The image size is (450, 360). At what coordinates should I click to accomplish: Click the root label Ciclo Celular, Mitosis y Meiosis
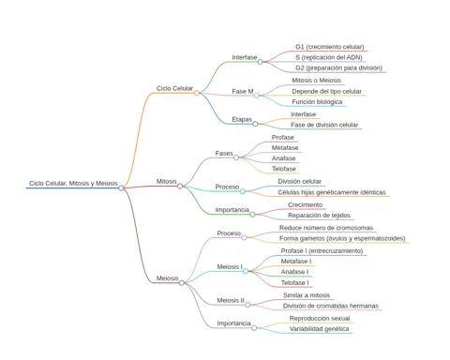tap(73, 183)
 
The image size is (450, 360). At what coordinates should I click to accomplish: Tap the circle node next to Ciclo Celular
tap(196, 93)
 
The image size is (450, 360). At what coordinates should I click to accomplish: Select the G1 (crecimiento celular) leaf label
tap(330, 47)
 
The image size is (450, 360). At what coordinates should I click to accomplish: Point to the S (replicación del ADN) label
tap(329, 57)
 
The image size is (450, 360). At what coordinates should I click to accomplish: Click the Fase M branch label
tap(243, 91)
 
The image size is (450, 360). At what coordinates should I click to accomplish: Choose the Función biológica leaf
tap(317, 102)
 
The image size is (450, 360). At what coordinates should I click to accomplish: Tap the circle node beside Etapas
tap(255, 124)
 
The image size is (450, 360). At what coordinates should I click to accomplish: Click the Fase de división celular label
tap(324, 125)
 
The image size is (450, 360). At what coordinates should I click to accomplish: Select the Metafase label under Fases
tap(285, 148)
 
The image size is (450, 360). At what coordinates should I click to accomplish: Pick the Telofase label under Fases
tap(283, 169)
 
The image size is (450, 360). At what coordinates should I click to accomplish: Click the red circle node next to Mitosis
tap(180, 187)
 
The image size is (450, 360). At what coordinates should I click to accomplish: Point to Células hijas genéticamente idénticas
tap(332, 192)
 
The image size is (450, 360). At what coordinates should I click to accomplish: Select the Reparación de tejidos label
tap(319, 216)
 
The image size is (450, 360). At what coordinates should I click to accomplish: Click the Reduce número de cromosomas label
tap(326, 228)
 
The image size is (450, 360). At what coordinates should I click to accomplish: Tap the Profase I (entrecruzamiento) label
tap(322, 251)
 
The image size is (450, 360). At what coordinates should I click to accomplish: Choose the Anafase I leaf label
tap(294, 272)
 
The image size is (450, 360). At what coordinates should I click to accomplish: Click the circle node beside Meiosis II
tap(247, 305)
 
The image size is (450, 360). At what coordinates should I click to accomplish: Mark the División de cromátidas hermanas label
tap(331, 306)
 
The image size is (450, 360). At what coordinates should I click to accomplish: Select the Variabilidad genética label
tap(319, 329)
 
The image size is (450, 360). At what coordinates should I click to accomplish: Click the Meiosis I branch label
tap(230, 267)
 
